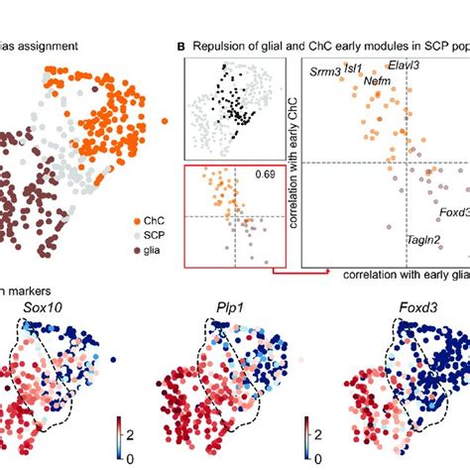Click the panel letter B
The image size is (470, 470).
tap(180, 46)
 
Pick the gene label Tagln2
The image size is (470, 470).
tap(423, 240)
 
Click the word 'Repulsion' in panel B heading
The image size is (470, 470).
tap(225, 46)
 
